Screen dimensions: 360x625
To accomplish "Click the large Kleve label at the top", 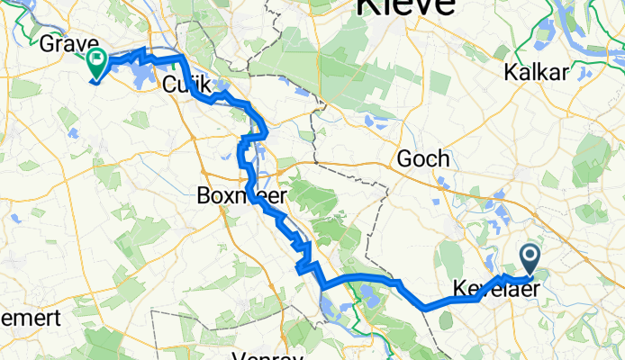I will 405,7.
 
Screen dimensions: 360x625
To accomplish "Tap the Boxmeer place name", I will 230,193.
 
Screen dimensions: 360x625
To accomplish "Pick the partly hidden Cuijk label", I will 186,85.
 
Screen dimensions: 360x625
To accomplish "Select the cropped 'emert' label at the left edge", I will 31,319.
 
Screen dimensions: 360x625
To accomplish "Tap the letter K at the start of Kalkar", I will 513,73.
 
